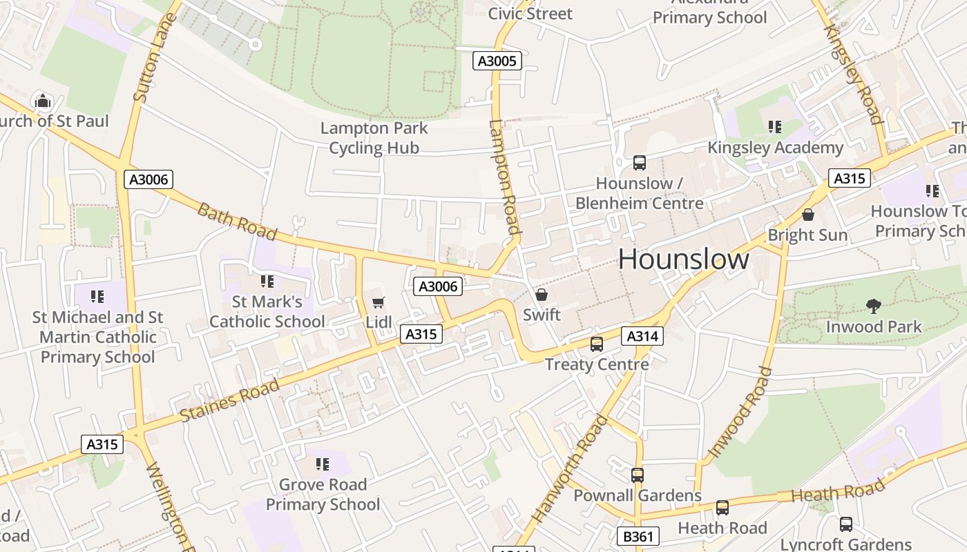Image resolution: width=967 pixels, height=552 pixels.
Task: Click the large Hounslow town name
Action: (683, 259)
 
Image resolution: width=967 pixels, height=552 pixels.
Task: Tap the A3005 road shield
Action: (497, 61)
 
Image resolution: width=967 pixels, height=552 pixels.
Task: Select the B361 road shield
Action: (638, 536)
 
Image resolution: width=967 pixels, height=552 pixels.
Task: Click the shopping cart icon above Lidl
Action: (378, 302)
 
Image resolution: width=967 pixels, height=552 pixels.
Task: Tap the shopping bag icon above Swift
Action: (542, 295)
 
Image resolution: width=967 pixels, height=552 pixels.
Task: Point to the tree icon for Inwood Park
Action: (874, 306)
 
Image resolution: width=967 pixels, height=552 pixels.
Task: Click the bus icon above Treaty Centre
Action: (596, 344)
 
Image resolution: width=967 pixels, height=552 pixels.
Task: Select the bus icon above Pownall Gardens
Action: (637, 475)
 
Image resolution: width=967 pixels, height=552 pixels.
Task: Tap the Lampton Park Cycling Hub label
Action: (374, 138)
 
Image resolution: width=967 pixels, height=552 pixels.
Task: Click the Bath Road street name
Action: (237, 221)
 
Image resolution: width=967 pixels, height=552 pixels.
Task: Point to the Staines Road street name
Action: (229, 401)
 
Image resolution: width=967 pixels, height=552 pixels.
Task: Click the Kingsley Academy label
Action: (775, 148)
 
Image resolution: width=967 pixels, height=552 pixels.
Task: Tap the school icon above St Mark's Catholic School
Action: (267, 282)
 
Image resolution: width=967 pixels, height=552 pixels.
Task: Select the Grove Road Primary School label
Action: (323, 494)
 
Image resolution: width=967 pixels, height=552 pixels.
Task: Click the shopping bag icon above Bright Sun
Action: (807, 215)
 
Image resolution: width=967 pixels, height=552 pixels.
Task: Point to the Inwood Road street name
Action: (739, 413)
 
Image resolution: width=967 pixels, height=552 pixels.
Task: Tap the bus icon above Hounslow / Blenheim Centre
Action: (640, 163)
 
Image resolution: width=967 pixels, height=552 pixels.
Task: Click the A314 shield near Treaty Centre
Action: (642, 336)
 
